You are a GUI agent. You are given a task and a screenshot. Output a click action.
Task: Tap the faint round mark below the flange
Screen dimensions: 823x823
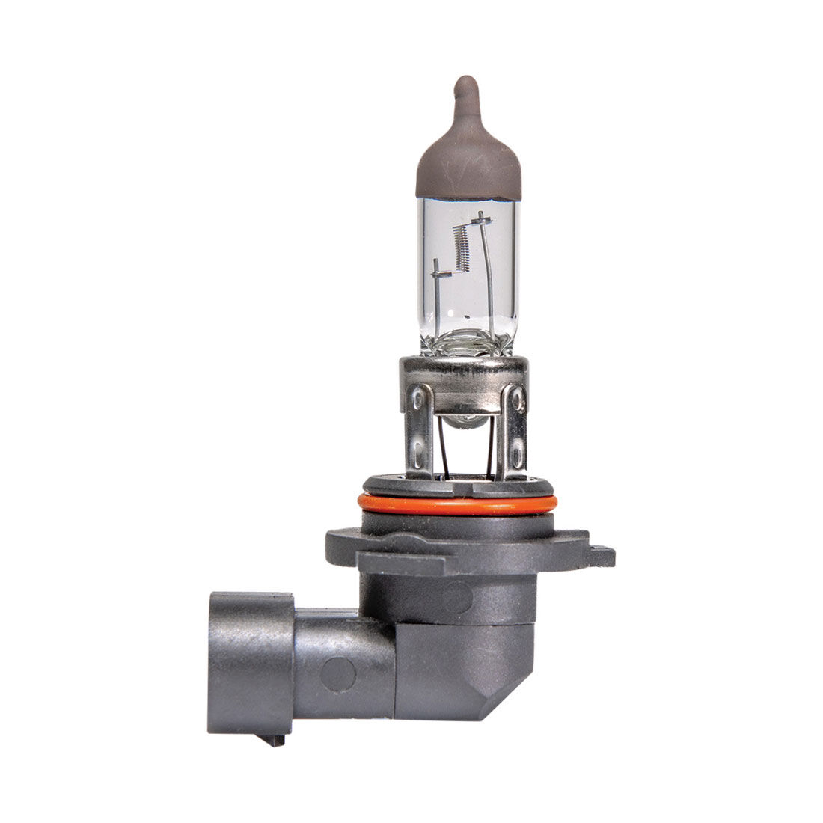pyautogui.click(x=457, y=598)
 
